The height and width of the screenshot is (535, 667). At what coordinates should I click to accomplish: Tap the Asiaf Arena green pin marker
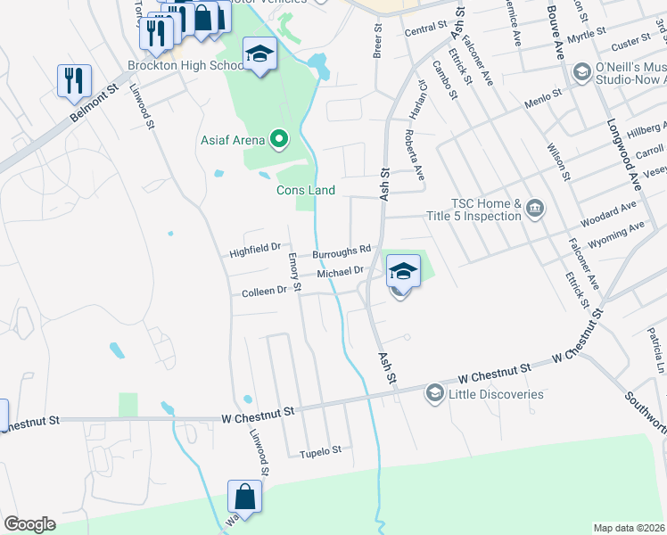279,138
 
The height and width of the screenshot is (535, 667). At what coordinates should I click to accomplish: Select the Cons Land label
305,190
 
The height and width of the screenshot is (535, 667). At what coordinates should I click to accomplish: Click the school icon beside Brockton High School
260,55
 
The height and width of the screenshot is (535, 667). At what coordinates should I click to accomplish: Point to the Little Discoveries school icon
434,393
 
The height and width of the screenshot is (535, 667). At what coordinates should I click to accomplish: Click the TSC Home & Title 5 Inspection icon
534,210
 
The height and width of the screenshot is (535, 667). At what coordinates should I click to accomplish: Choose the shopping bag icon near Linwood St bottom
243,497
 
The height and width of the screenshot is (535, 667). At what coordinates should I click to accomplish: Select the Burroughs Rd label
341,253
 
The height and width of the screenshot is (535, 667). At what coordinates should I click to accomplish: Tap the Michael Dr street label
340,271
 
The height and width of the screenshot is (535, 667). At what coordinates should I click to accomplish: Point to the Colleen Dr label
264,292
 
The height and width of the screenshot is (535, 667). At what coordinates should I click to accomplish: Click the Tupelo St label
320,451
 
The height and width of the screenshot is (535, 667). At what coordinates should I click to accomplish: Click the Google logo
29,524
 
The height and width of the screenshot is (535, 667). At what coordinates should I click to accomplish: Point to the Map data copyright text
630,528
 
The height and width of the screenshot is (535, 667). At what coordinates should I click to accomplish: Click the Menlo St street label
543,93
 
